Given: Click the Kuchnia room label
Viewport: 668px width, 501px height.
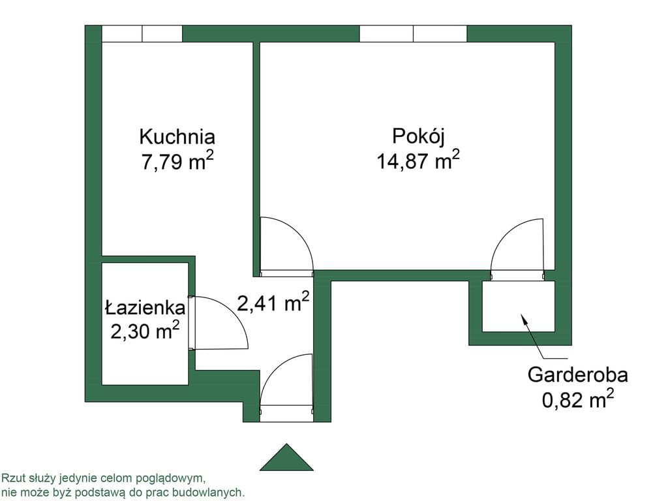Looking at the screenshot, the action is tap(177, 137).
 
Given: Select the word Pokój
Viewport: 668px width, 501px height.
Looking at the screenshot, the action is tap(418, 137).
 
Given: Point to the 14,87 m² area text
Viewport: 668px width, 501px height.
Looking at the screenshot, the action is tap(418, 160).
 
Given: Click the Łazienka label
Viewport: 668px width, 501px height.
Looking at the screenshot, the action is tap(145, 308).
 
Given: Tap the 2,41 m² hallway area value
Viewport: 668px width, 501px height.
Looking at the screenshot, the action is tap(273, 302).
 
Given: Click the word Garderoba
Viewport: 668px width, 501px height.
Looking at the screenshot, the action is tap(578, 375).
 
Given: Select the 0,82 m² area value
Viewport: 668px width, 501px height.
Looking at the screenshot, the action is tap(578, 399).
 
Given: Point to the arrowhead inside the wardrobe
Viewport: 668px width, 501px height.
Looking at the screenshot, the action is tap(524, 318).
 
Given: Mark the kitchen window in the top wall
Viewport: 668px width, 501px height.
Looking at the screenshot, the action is tap(142, 34).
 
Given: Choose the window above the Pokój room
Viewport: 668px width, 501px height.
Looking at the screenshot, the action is tap(413, 34).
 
